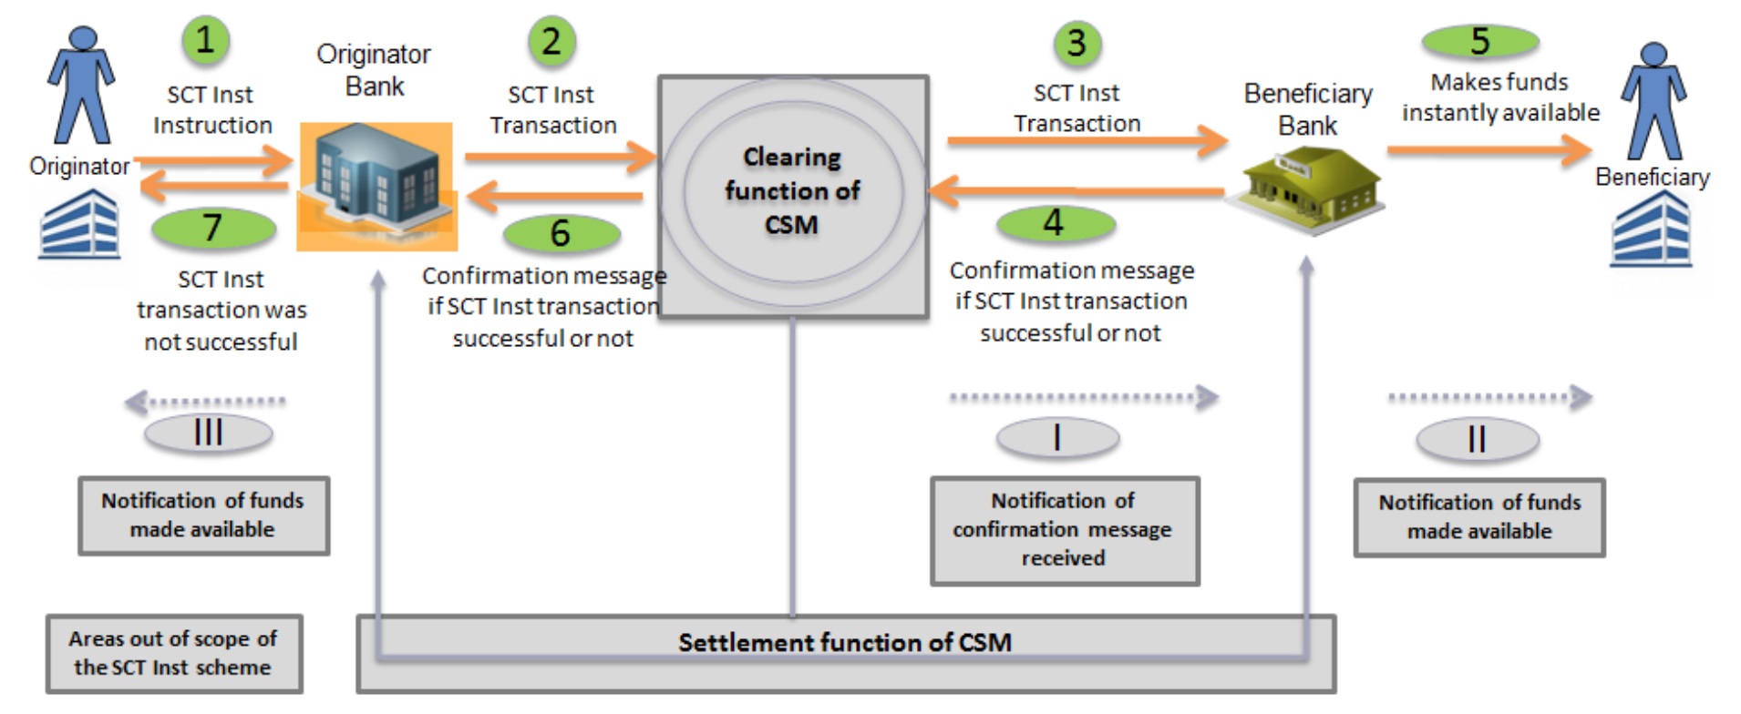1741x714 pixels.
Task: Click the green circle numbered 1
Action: click(x=205, y=41)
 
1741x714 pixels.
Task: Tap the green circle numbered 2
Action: click(x=551, y=42)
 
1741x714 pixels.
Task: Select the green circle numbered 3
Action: click(x=1077, y=43)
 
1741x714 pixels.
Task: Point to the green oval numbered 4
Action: click(x=1055, y=223)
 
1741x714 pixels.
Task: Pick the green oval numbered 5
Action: click(x=1479, y=41)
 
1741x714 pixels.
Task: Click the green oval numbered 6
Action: click(x=561, y=233)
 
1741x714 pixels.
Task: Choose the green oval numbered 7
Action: click(x=213, y=228)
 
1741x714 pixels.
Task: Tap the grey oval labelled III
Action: click(x=209, y=433)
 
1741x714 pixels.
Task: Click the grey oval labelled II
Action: click(x=1477, y=440)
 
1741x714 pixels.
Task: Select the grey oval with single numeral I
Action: click(x=1057, y=438)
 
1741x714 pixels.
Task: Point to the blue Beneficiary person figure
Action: click(x=1653, y=101)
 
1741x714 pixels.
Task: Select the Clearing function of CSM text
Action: click(x=792, y=191)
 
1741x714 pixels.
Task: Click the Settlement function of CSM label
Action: click(x=845, y=643)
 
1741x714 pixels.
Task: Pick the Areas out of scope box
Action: click(x=174, y=653)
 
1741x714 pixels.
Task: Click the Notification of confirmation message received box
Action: click(x=1064, y=529)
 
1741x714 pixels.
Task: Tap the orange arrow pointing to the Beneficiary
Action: click(x=1489, y=149)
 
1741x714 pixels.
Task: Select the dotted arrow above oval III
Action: click(x=206, y=401)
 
